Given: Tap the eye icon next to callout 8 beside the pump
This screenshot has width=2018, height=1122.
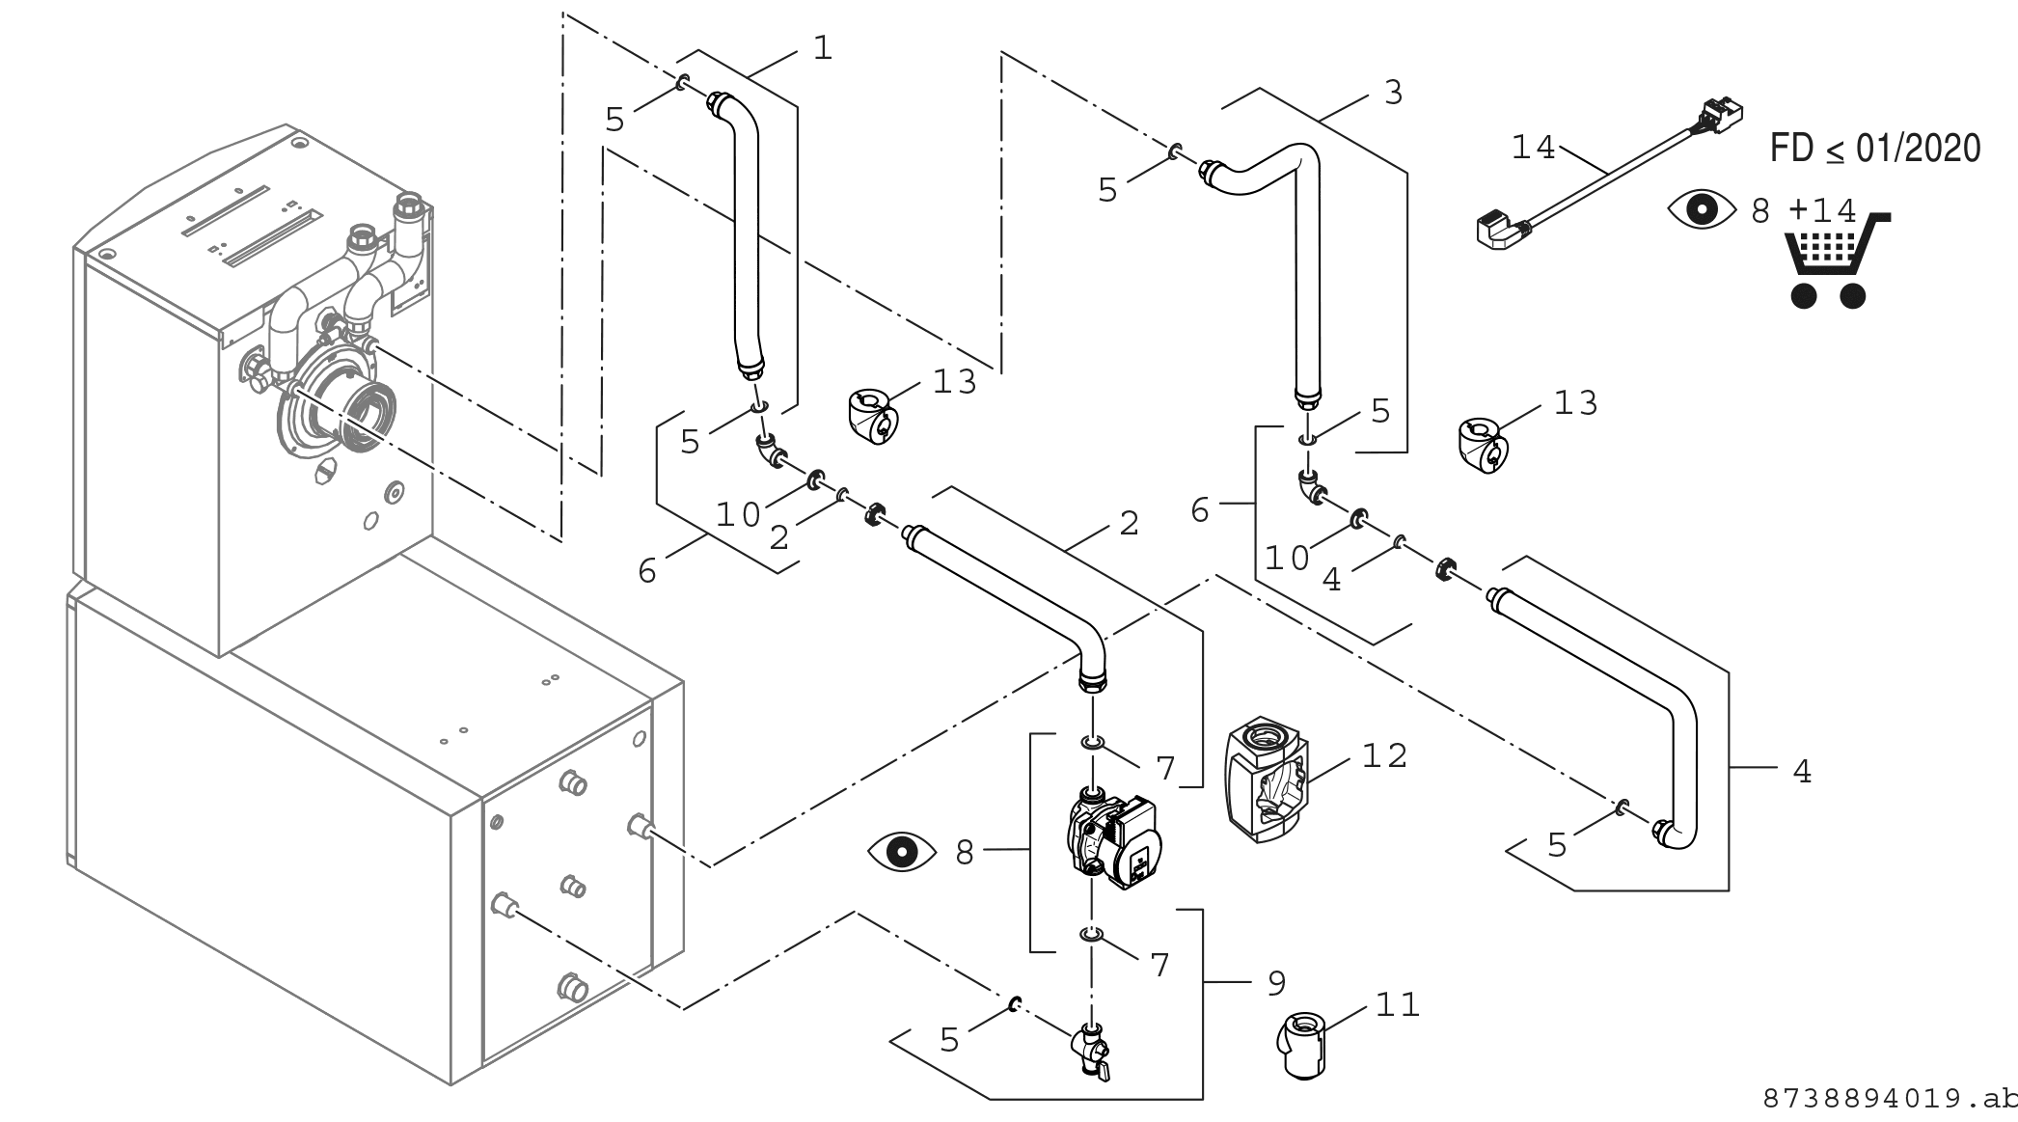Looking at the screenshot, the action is [902, 852].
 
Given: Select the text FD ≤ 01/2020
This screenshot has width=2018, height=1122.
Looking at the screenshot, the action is [1875, 149].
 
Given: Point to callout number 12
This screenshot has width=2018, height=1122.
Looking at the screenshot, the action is [1385, 755].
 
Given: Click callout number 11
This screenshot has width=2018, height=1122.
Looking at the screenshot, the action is [1398, 1004].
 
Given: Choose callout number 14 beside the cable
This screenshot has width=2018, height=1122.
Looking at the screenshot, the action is [1534, 148].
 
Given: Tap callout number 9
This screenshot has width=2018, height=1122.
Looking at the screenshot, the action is [1276, 983].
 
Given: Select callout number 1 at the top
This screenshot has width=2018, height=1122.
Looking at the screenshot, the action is [822, 47].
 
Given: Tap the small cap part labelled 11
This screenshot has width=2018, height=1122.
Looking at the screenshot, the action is [1303, 1046].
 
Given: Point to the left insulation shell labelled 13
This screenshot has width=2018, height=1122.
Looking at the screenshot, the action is [874, 418].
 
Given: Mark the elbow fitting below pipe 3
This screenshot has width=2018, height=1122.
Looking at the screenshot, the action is [1311, 486].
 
